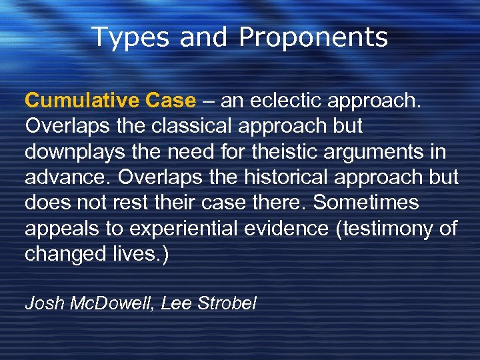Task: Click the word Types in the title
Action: [129, 38]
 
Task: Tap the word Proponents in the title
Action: [313, 38]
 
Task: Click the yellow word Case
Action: [170, 101]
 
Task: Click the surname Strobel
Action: [227, 303]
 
